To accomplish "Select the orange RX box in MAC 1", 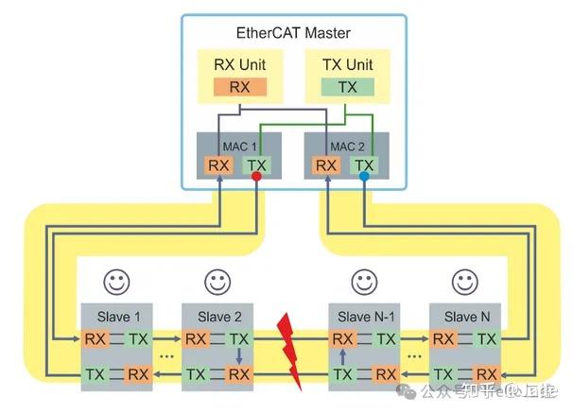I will tap(219, 165).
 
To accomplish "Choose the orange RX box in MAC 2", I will tap(326, 165).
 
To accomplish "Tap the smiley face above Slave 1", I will tap(116, 282).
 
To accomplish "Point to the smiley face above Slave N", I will tap(463, 282).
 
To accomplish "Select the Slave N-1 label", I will tap(362, 317).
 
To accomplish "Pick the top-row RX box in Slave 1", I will tap(95, 338).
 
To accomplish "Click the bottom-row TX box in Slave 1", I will tap(95, 373).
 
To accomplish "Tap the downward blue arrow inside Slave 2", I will tap(239, 356).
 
